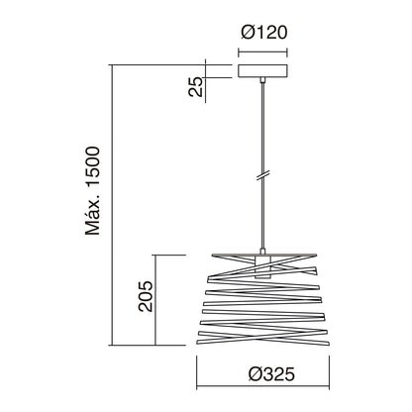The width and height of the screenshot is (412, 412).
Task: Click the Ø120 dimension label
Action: click(x=263, y=33)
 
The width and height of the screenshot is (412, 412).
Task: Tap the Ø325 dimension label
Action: click(x=271, y=374)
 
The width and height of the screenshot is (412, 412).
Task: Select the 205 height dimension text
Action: click(x=146, y=296)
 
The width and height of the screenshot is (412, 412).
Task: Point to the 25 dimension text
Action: click(x=195, y=86)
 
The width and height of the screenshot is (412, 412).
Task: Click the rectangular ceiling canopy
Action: click(x=262, y=71)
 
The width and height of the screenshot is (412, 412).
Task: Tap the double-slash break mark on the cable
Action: click(x=263, y=175)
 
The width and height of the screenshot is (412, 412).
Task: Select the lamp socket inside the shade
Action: click(x=263, y=267)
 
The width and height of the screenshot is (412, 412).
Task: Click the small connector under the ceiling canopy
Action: click(x=262, y=80)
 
